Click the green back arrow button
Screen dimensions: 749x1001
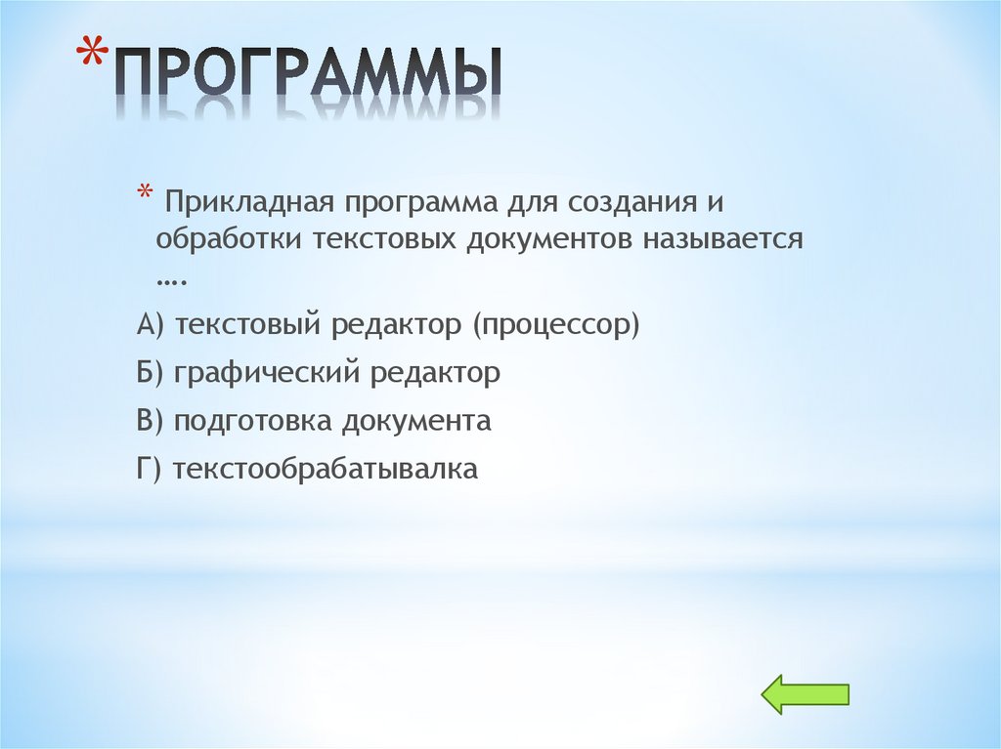805,694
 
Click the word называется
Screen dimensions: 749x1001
722,239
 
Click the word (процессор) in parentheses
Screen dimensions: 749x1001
556,325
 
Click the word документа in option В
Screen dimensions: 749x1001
416,422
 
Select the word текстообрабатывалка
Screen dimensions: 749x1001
325,470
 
